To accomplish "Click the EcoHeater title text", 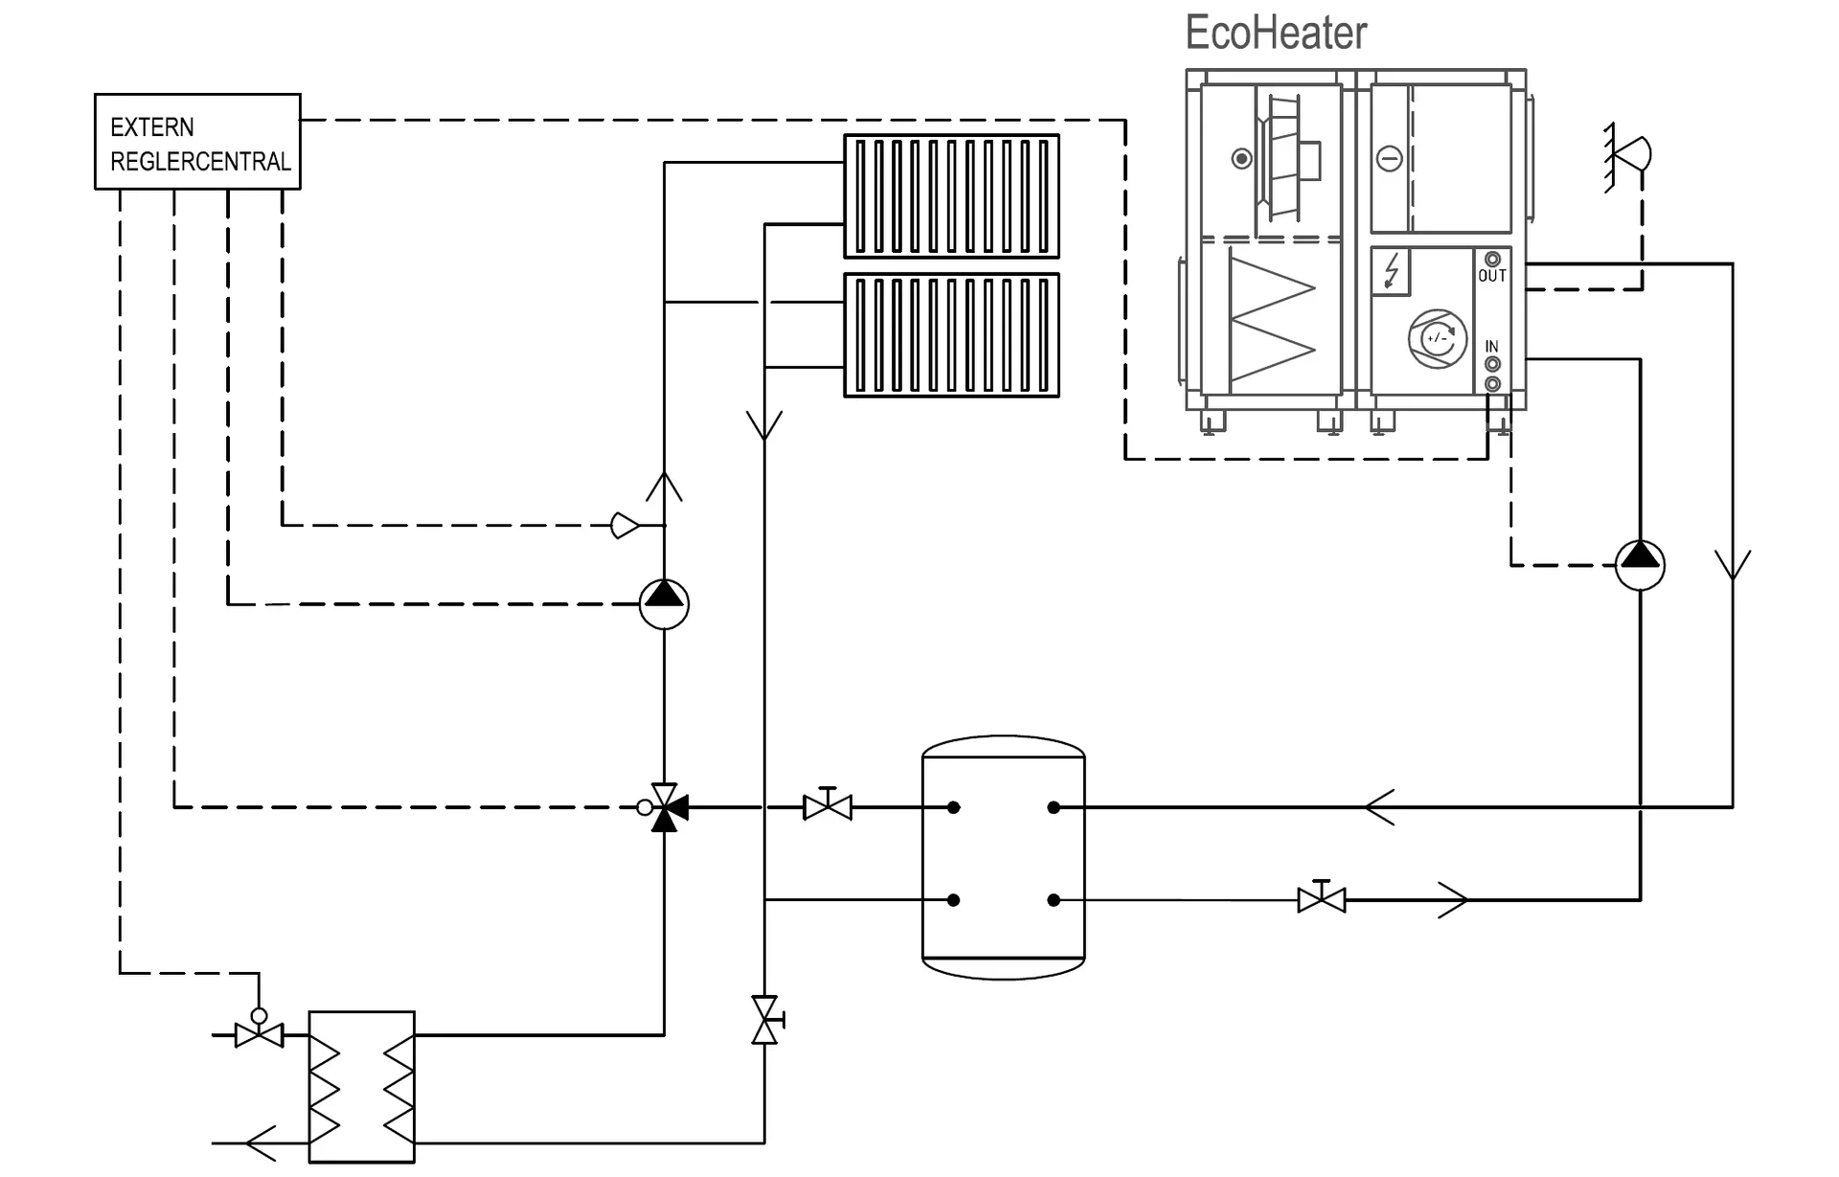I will point(1275,34).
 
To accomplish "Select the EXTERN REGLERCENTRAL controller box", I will point(197,142).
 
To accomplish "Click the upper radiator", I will point(951,196).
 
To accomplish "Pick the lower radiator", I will point(951,335).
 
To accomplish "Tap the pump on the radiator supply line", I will point(664,604).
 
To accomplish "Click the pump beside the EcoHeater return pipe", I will point(1640,564).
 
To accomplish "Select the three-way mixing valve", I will point(664,808).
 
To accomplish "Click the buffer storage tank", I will point(1003,857).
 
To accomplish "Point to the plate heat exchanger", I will point(361,1087).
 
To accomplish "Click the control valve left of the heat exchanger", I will point(259,1033).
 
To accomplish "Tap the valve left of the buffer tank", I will point(828,806).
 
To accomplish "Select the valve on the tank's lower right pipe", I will point(1321,898).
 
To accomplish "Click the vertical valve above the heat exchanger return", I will point(765,1020).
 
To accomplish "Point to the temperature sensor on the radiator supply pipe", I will point(624,525).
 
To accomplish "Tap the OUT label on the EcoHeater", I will point(1492,276).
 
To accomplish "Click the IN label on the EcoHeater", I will point(1491,347).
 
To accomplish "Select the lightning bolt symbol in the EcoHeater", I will point(1392,271).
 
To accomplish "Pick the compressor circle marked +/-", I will point(1437,338).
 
